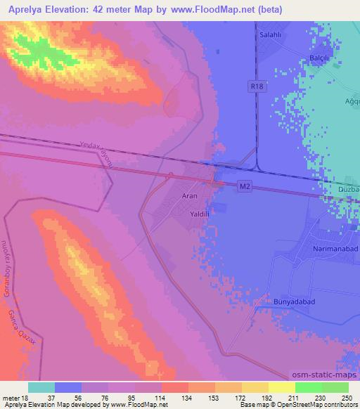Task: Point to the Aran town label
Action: click(x=190, y=196)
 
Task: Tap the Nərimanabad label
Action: click(x=336, y=249)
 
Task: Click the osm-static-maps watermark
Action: click(x=323, y=376)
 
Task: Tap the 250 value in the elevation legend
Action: click(x=348, y=398)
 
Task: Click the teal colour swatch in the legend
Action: click(x=41, y=387)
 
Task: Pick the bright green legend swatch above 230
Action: click(x=308, y=387)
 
